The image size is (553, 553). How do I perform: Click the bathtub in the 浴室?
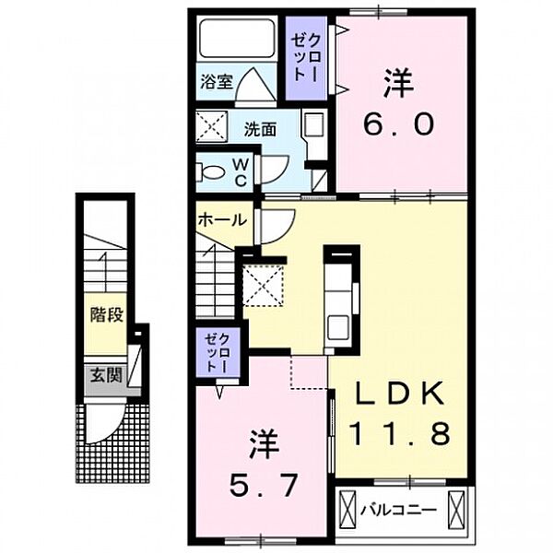(x=237, y=39)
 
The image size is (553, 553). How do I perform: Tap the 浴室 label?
(x=217, y=81)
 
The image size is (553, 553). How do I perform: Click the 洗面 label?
(x=260, y=130)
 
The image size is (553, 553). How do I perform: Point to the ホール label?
(x=222, y=220)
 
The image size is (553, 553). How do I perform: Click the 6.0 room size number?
(x=398, y=124)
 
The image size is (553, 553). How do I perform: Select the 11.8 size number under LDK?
(x=400, y=434)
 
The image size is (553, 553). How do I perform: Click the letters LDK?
(x=400, y=394)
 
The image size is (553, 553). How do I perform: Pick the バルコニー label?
(x=398, y=510)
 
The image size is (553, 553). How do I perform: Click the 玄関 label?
(x=106, y=375)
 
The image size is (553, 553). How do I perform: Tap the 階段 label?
(x=106, y=315)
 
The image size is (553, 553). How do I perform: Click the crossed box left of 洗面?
(x=212, y=126)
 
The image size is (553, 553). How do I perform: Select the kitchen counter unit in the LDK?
(x=341, y=300)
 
